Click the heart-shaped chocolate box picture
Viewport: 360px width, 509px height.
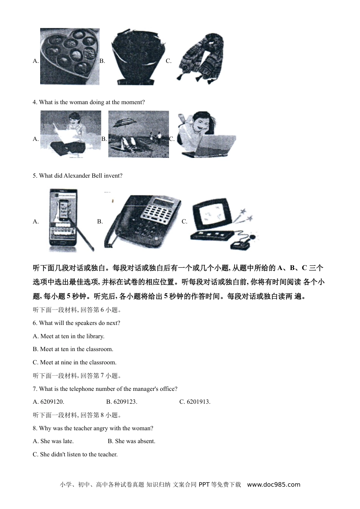[x=70, y=56]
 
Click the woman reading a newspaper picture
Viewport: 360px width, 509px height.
[x=71, y=133]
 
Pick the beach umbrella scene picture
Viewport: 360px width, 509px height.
[x=138, y=134]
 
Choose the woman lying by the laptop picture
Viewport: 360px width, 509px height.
[x=206, y=134]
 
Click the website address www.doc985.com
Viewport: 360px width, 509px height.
[x=274, y=484]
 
